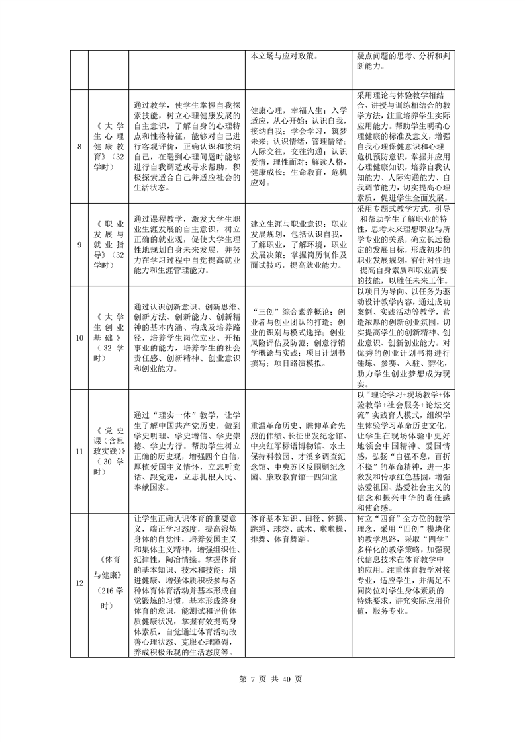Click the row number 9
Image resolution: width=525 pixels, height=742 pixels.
click(80, 244)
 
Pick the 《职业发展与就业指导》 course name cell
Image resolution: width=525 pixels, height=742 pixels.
click(109, 244)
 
